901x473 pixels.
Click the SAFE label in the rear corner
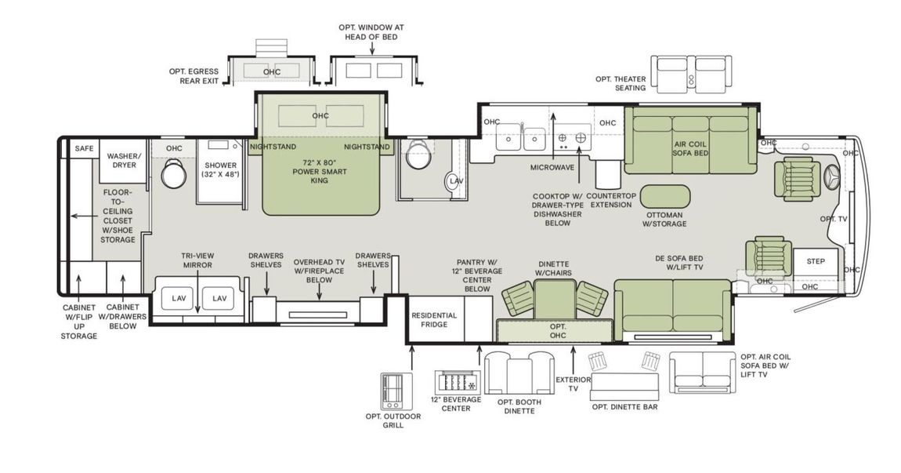click(83, 148)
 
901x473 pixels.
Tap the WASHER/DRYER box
click(122, 161)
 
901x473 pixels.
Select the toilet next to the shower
click(173, 174)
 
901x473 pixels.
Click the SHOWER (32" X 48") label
click(221, 169)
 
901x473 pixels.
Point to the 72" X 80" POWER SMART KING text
click(320, 170)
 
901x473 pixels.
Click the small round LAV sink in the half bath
click(456, 181)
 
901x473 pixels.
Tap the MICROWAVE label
click(553, 167)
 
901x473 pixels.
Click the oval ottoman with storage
click(664, 196)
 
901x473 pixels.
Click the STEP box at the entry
click(815, 261)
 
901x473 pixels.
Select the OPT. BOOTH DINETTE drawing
click(519, 373)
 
